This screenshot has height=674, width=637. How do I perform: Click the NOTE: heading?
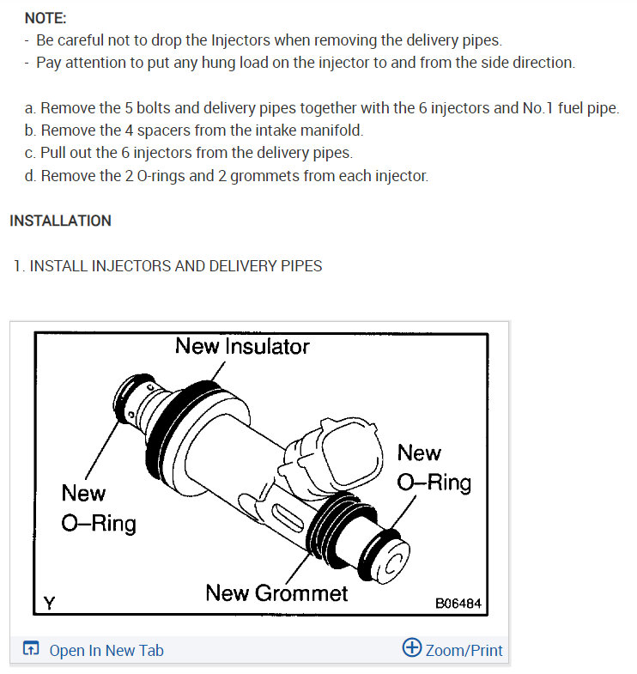45,18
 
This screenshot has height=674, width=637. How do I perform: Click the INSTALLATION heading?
60,221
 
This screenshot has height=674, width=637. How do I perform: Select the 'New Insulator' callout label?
242,346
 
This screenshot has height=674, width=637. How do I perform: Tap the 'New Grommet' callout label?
276,593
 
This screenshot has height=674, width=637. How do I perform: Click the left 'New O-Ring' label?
98,507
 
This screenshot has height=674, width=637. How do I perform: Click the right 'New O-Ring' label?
434,467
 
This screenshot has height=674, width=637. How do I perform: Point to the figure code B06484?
458,604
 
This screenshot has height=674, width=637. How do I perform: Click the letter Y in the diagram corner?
50,603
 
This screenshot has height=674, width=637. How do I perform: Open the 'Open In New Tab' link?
106,650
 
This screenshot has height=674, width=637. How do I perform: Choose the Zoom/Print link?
464,650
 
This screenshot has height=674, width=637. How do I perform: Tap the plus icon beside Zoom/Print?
412,648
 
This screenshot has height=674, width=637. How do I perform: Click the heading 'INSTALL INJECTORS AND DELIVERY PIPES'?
175,265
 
